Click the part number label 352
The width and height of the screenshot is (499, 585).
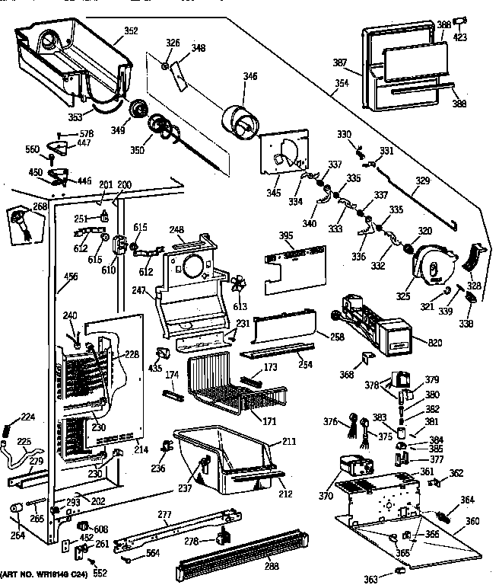(131, 32)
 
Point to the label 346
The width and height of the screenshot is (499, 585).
(250, 76)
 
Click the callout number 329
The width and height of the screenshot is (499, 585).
(422, 184)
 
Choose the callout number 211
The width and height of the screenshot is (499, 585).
(288, 441)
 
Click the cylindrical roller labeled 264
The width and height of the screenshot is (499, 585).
(16, 510)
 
